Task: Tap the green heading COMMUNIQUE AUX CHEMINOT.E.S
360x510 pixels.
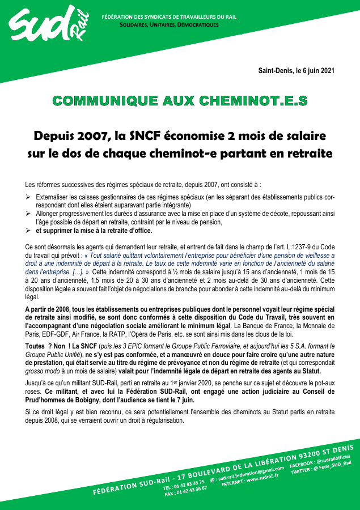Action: coord(180,101)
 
